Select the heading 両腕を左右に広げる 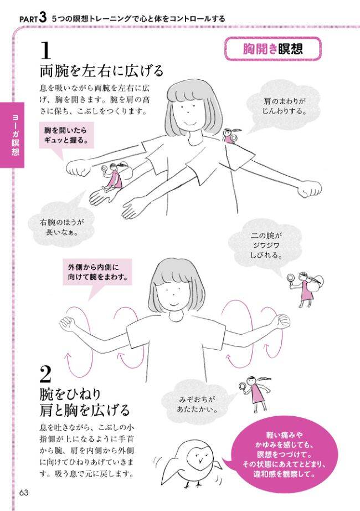point(101,71)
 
